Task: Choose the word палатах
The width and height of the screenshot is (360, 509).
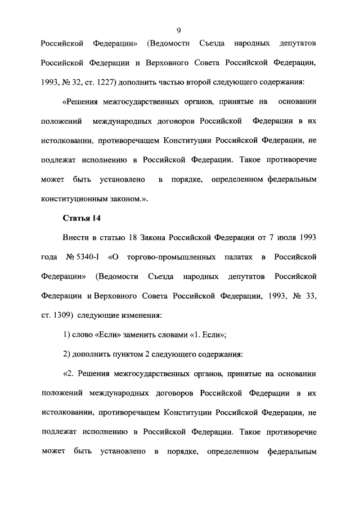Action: (237, 257)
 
